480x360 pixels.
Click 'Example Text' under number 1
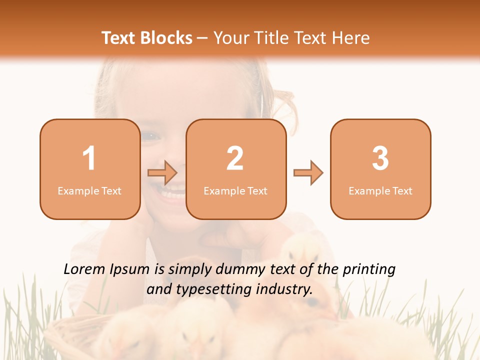click(x=89, y=191)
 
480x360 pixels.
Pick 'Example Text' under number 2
click(x=235, y=191)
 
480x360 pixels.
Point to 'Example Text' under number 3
click(x=380, y=191)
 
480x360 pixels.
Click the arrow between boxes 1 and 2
click(x=162, y=173)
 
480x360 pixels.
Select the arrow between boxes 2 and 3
click(x=308, y=173)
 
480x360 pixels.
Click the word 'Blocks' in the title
click(x=166, y=38)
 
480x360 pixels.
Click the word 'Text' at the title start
click(x=119, y=38)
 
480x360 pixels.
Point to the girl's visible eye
click(x=149, y=135)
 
